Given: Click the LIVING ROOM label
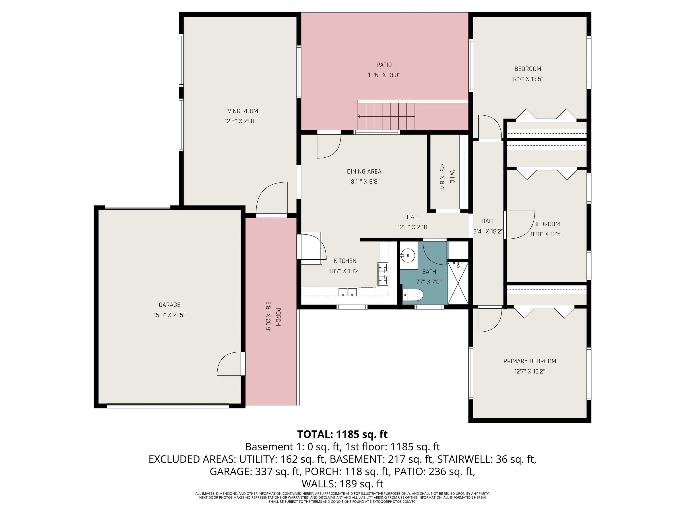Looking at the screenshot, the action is pyautogui.click(x=240, y=111).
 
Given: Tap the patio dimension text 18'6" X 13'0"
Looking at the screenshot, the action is pyautogui.click(x=384, y=75).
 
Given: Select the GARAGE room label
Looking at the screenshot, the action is pyautogui.click(x=169, y=305).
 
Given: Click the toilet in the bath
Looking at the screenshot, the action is pyautogui.click(x=413, y=295).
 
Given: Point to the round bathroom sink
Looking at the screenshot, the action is pyautogui.click(x=408, y=255).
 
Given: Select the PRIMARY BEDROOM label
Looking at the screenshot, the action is pyautogui.click(x=530, y=361).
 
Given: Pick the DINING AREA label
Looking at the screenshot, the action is pyautogui.click(x=364, y=172).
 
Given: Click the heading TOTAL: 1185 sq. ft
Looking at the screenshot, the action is pyautogui.click(x=342, y=434).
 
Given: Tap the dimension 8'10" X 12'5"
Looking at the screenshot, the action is pyautogui.click(x=546, y=234).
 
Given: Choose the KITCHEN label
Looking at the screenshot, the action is pyautogui.click(x=345, y=261).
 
